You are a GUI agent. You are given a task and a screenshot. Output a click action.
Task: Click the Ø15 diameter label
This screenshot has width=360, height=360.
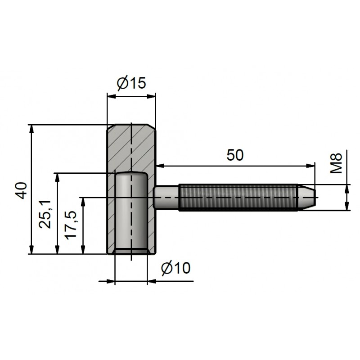point(131,83)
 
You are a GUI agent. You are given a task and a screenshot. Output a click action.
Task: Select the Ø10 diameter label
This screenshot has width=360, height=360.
point(176,268)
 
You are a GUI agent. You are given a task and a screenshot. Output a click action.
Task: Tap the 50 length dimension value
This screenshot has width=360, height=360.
point(235,155)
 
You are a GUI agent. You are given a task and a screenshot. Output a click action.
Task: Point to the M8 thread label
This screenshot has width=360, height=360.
point(336,163)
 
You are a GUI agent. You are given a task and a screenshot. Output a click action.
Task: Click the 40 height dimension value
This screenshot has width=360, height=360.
point(22,190)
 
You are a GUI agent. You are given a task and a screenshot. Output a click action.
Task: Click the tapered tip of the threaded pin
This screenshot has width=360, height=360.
point(307,197)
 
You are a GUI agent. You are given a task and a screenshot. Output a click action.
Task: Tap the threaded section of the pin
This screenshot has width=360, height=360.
point(238,197)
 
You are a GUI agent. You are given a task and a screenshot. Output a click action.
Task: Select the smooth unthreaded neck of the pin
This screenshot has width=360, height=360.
point(166,197)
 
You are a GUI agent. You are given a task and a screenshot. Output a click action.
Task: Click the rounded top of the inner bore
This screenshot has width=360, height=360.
point(131,174)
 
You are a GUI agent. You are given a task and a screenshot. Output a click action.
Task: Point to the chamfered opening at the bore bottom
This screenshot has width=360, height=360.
point(131,252)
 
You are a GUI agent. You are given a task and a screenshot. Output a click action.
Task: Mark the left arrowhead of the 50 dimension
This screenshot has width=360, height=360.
point(161,166)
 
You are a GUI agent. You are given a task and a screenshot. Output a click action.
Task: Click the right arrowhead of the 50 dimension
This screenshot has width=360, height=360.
point(310,166)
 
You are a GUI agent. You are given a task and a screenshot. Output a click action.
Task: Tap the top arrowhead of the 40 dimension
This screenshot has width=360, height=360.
point(31,129)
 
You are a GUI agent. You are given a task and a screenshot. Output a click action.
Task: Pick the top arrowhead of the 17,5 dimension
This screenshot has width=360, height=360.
point(83,202)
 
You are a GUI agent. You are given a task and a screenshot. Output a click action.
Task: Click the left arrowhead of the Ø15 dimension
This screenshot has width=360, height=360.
point(112,97)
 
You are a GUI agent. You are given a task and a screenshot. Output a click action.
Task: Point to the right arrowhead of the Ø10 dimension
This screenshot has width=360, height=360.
point(152,281)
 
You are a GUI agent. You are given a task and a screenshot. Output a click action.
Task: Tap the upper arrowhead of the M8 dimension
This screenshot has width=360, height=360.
point(347,189)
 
